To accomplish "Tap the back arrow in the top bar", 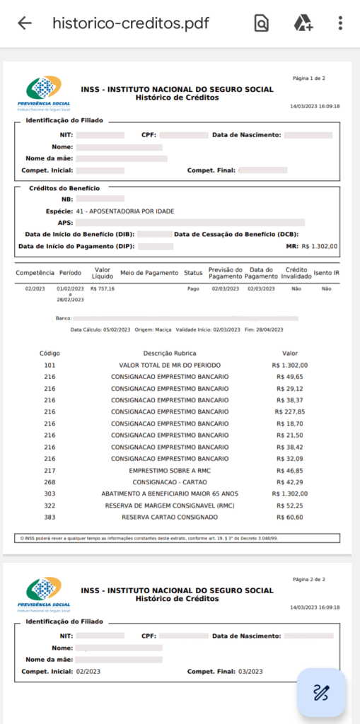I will coord(25,23).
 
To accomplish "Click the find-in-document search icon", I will coord(262,23).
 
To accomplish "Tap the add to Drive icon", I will coord(303,23).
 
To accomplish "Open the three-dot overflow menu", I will coord(340,23).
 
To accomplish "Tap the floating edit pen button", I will coord(322,692).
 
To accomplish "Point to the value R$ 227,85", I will coord(289,411).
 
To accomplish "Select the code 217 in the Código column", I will coord(50,470).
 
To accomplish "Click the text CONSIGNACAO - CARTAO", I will coord(170,481).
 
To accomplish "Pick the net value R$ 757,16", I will coord(103,288).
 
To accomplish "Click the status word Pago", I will coord(193,288).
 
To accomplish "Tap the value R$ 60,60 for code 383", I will coord(290,518).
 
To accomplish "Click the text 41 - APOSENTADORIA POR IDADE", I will coord(125,211).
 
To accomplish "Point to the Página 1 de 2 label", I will coord(308,78).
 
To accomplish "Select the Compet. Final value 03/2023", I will coord(250,671).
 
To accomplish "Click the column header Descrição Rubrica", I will coord(170,353).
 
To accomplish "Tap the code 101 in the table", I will coord(50,365).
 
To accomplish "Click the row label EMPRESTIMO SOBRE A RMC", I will coord(170,470).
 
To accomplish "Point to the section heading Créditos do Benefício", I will coord(64,188).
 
